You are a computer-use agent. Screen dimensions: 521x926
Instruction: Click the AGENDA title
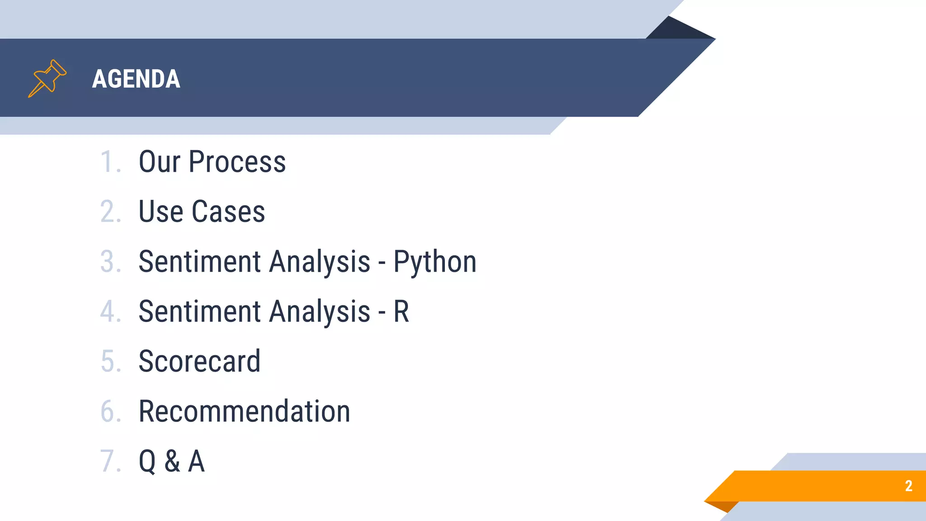point(136,79)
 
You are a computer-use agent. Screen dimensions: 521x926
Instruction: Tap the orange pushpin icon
point(47,78)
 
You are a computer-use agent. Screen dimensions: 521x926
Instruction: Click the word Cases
point(228,211)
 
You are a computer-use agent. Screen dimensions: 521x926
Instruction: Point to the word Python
point(435,262)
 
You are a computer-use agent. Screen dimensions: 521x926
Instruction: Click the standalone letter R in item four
point(401,311)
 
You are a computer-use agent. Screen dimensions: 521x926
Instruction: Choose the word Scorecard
point(199,361)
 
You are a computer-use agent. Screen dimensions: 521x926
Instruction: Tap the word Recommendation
point(244,411)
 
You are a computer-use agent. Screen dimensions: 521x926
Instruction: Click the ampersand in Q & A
point(172,461)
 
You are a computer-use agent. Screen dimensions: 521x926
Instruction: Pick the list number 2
point(109,211)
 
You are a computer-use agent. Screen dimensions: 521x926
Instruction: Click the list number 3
point(109,261)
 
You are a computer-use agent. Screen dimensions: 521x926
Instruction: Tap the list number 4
point(109,311)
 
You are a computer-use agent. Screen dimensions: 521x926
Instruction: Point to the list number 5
point(109,361)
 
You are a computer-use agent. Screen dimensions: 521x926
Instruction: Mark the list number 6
point(109,411)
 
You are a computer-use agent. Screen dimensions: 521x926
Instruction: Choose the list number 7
point(109,461)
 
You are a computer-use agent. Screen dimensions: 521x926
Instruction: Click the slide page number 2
point(908,486)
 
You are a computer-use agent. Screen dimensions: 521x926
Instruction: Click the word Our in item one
point(160,161)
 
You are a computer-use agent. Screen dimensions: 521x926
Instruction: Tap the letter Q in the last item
point(147,461)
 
